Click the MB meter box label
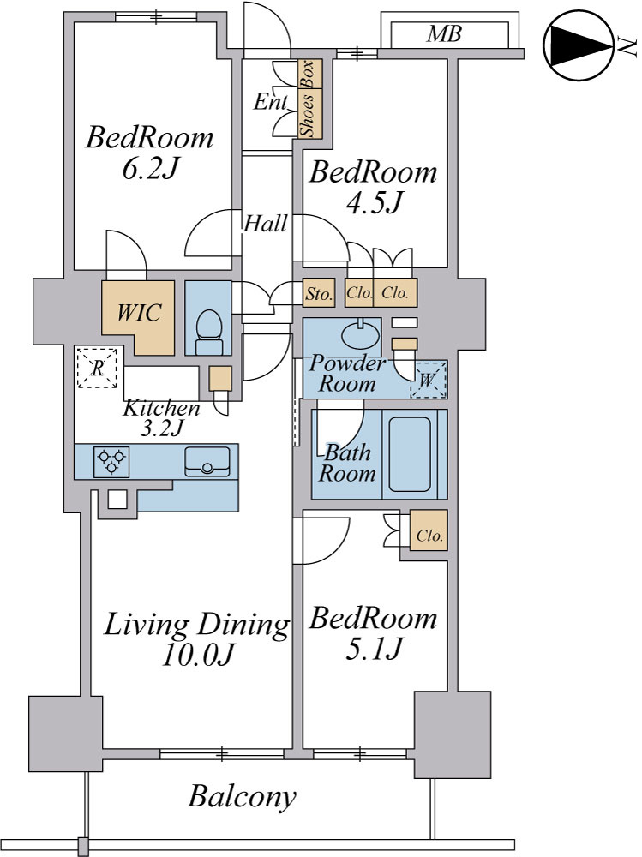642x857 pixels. point(444,34)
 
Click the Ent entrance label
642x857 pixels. point(271,102)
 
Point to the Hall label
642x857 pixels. point(265,224)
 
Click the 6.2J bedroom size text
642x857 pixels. point(150,170)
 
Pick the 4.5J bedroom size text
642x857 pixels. point(374,203)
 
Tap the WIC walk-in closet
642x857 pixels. point(138,318)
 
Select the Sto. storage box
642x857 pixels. point(319,293)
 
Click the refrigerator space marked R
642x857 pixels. point(97,368)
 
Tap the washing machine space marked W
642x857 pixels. point(429,380)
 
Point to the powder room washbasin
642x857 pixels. point(362,333)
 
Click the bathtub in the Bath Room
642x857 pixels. point(410,454)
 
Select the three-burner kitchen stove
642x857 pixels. point(112,462)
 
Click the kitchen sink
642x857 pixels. point(207,462)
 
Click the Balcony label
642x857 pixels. point(243,796)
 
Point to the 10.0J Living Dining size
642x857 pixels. point(198,654)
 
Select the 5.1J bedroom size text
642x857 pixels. point(374,648)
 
